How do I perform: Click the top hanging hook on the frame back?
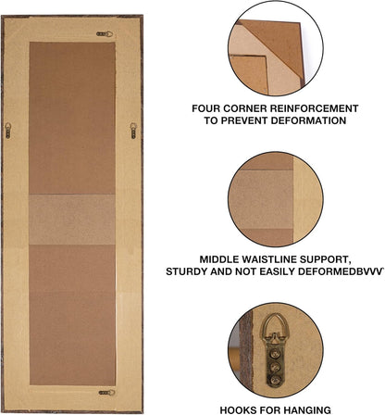105,34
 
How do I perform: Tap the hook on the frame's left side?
8,131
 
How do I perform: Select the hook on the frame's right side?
133,131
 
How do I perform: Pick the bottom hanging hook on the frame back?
107,393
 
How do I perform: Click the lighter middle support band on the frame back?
72,220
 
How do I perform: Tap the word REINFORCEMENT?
315,108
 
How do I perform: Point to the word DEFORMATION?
308,120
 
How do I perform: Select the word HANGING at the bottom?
307,410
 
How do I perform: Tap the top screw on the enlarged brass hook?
275,354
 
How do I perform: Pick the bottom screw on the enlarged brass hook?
275,380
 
